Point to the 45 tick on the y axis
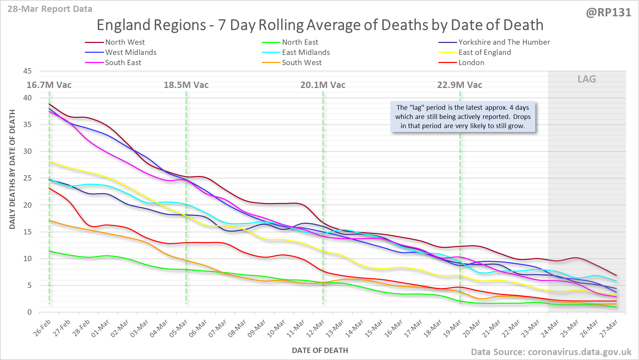click(27, 71)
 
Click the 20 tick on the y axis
click(27, 205)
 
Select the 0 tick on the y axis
click(30, 312)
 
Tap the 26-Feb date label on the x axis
click(43, 328)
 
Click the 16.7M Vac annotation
click(49, 85)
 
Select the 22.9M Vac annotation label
click(460, 85)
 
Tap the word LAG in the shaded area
click(587, 79)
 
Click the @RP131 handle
click(608, 13)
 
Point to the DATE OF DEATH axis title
click(320, 350)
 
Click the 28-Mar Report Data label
click(50, 9)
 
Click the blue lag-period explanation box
click(463, 117)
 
